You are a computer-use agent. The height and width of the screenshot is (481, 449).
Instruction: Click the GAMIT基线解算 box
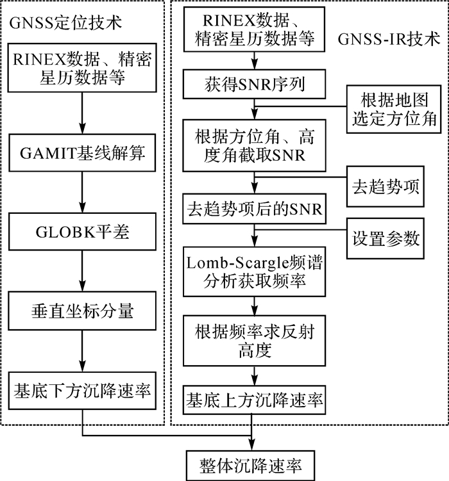[83, 154]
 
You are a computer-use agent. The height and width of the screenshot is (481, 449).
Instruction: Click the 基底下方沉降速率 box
[83, 389]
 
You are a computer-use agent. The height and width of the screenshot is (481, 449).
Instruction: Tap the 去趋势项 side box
[386, 185]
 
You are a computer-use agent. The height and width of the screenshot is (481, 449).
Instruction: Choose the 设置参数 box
[386, 238]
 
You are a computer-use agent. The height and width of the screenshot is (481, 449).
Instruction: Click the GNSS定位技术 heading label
[65, 24]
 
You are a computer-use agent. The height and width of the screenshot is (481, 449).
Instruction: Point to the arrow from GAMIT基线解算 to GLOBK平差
[83, 193]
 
